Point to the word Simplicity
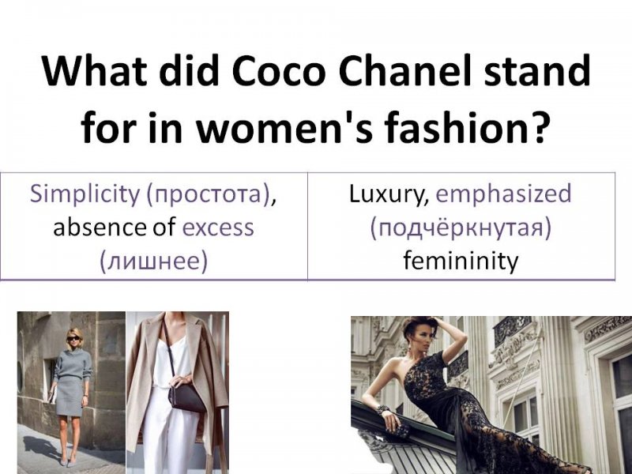pos(85,194)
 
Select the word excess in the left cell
pos(218,228)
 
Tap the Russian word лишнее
pos(153,261)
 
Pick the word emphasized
pos(503,194)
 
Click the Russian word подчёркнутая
pos(461,228)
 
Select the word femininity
pos(461,261)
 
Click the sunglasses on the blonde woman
pos(73,339)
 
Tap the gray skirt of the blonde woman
pos(69,396)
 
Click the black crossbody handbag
pos(186,397)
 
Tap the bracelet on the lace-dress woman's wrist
pos(382,410)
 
